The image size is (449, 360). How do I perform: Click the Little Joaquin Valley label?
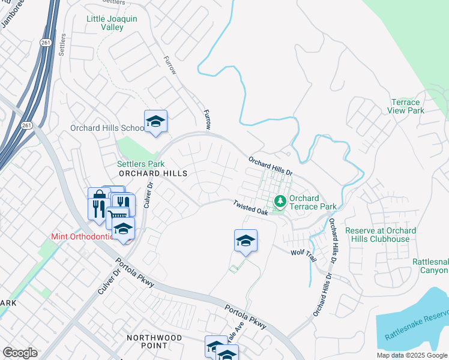pyautogui.click(x=112, y=23)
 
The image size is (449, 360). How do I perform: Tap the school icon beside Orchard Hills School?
pyautogui.click(x=155, y=122)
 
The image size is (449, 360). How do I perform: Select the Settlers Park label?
pyautogui.click(x=140, y=163)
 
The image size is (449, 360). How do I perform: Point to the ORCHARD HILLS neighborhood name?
pyautogui.click(x=153, y=173)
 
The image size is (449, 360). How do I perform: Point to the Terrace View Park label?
pyautogui.click(x=407, y=106)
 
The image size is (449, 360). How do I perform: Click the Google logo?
pyautogui.click(x=20, y=353)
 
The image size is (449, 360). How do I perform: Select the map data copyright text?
pyautogui.click(x=412, y=355)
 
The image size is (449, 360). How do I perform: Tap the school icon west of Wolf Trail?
pyautogui.click(x=246, y=241)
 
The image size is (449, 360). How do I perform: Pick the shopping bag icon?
pyautogui.click(x=99, y=196)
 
